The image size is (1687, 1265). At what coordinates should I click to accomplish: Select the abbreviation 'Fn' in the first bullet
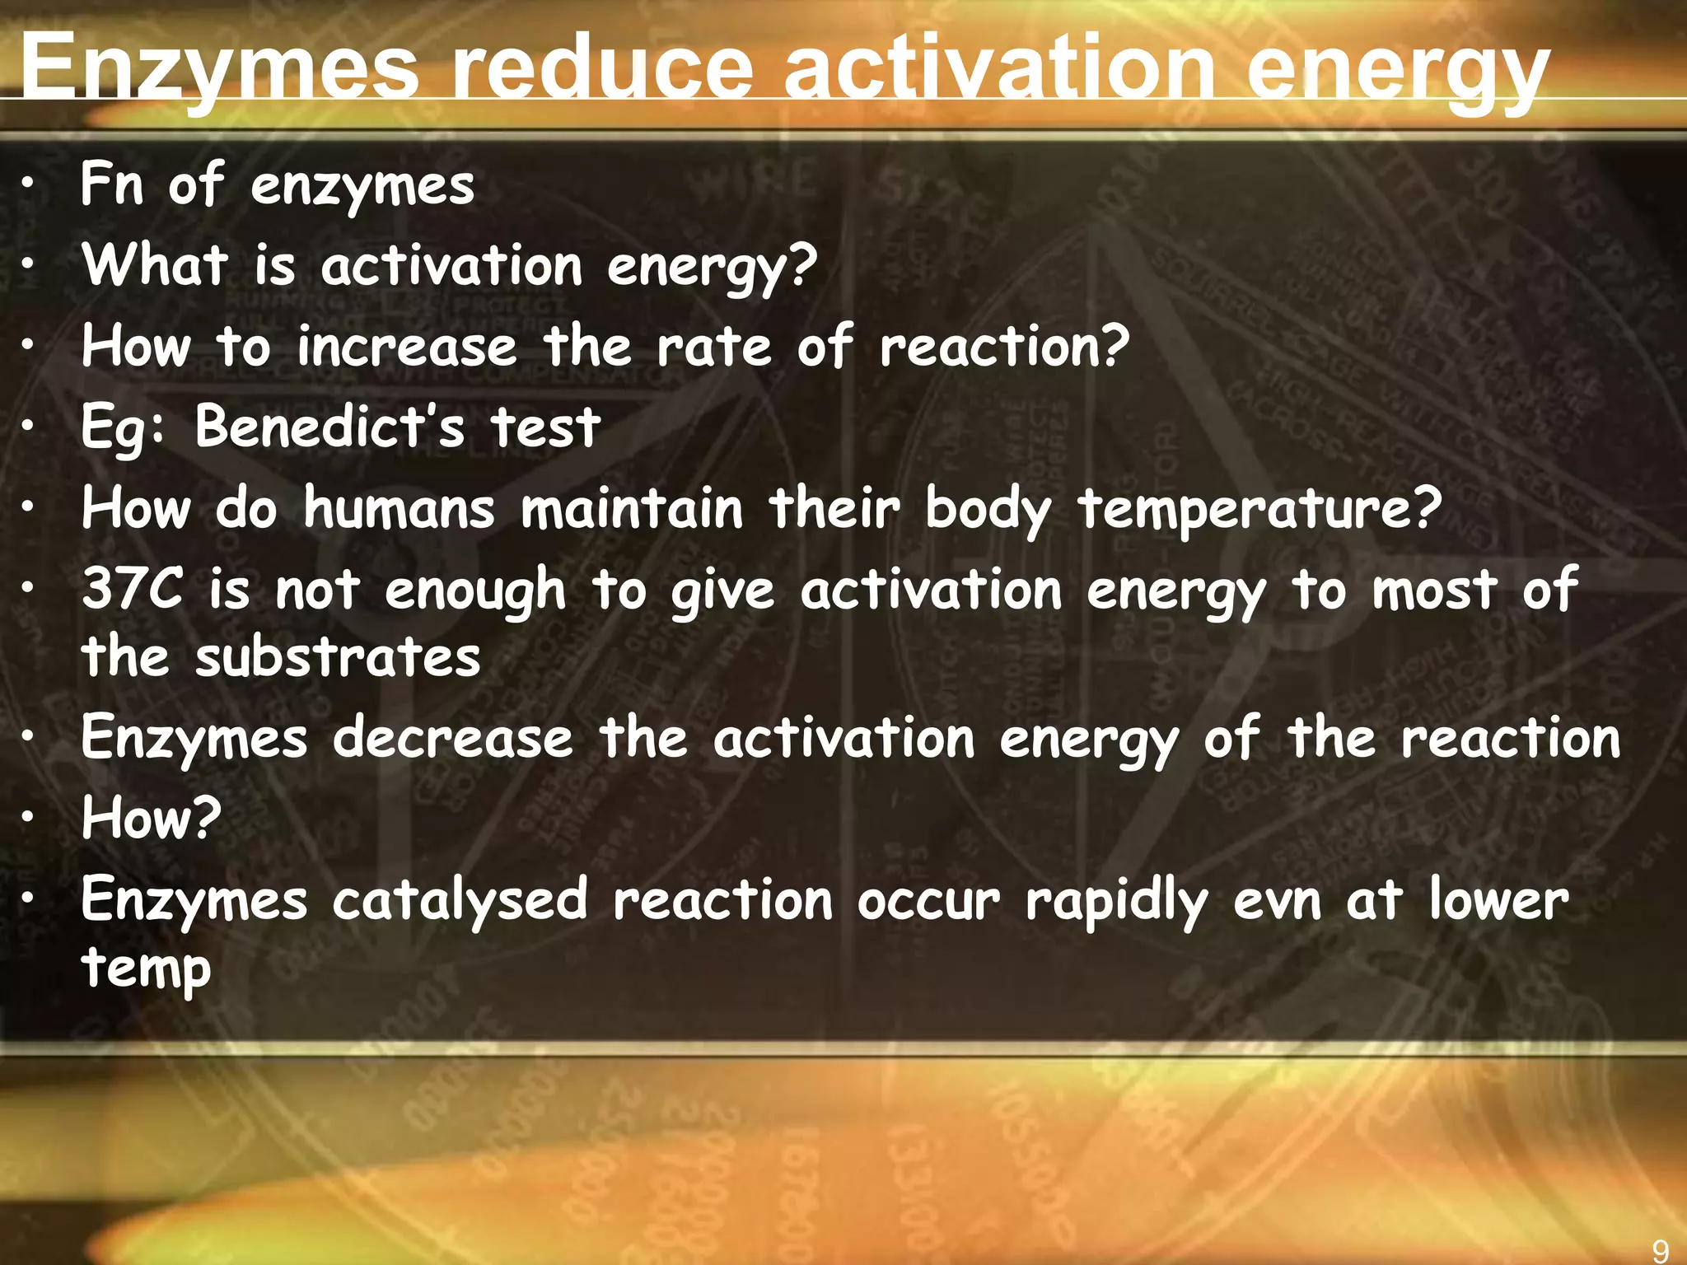(112, 184)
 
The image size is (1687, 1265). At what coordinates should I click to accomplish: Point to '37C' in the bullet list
(132, 589)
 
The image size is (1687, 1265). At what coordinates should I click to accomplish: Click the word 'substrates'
(338, 657)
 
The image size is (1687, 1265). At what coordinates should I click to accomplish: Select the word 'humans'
(400, 508)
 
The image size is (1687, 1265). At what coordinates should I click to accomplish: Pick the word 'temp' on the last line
(146, 969)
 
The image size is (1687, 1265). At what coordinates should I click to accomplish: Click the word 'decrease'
(452, 737)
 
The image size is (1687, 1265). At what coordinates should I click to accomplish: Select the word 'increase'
(407, 346)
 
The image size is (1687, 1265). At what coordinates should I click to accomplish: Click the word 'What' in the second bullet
(155, 265)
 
